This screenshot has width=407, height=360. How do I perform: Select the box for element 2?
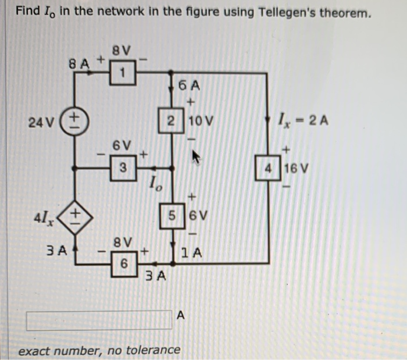click(x=170, y=122)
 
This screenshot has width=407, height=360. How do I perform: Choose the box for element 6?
click(x=123, y=263)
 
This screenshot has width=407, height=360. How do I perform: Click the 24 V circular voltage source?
click(x=75, y=122)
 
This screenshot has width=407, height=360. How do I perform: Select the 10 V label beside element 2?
click(x=201, y=122)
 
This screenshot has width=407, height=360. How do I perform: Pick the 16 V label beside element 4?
click(x=295, y=169)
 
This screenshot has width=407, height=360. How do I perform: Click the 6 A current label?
click(x=189, y=86)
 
